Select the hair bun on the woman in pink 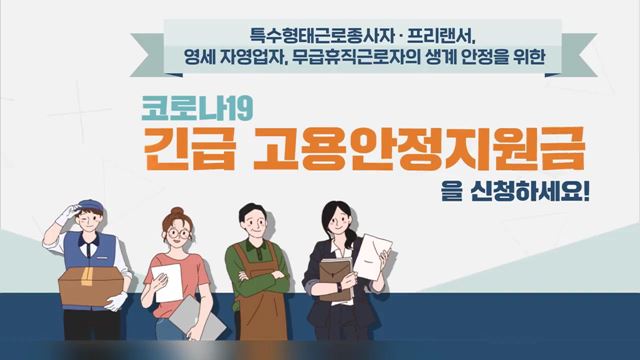click(177, 212)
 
